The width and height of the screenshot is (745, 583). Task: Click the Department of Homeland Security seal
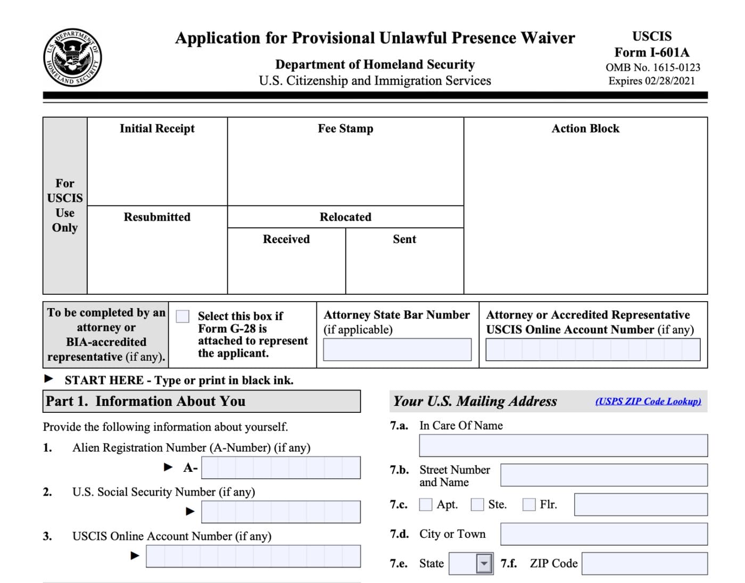[x=72, y=57]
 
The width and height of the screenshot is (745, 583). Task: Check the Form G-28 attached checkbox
[x=183, y=317]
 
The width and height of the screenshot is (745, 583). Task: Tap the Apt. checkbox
[x=426, y=504]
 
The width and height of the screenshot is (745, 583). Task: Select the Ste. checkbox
[x=477, y=504]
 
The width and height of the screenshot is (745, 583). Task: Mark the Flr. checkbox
[x=529, y=504]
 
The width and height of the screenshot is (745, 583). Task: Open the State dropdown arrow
[x=484, y=563]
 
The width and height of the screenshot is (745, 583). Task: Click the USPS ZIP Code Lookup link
[x=648, y=401]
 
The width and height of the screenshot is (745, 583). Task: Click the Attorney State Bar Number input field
[x=397, y=349]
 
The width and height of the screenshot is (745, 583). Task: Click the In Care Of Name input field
[x=563, y=446]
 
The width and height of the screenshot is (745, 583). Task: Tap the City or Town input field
[x=603, y=534]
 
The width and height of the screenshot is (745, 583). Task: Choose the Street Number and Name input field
[x=603, y=475]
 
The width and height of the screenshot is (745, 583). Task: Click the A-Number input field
[x=280, y=468]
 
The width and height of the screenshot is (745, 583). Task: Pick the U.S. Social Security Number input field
[x=280, y=512]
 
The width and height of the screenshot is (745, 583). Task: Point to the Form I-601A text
[x=652, y=52]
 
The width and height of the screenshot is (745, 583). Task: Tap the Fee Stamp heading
[x=345, y=129]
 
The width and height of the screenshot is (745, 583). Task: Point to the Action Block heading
[x=585, y=129]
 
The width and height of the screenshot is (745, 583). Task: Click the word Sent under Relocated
[x=404, y=239]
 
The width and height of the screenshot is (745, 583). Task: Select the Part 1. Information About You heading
[x=146, y=401]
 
